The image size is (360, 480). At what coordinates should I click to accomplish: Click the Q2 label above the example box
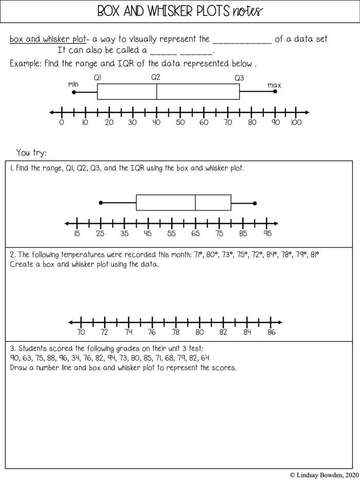click(156, 77)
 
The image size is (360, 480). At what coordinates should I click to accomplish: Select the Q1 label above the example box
click(97, 77)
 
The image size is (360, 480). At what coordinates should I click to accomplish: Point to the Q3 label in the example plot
click(239, 78)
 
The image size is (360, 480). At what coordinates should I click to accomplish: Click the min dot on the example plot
click(74, 92)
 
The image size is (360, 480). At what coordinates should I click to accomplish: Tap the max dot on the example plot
click(275, 91)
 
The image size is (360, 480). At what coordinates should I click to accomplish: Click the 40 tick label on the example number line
click(156, 122)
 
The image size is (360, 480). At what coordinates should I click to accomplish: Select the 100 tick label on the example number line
click(296, 122)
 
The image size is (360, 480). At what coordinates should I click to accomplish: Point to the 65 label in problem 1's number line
click(195, 234)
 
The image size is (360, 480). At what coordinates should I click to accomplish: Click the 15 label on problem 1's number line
click(77, 234)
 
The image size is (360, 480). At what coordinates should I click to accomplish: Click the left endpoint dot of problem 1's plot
click(101, 203)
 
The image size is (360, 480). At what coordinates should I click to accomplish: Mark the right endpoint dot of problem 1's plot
click(255, 203)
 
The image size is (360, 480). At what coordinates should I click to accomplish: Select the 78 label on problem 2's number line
click(176, 332)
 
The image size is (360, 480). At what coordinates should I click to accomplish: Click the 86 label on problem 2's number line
click(271, 332)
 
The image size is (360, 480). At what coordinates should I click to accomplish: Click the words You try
click(31, 152)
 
